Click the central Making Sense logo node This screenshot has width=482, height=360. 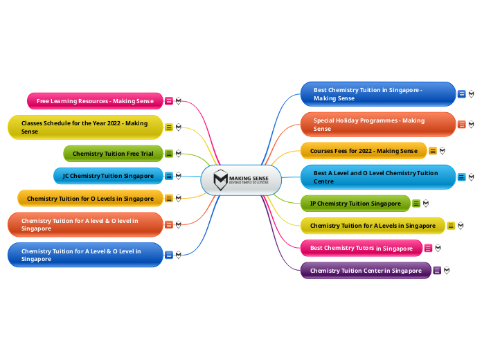click(241, 181)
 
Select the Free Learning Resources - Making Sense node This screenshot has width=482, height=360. click(95, 101)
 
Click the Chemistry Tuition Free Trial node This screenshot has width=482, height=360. click(113, 154)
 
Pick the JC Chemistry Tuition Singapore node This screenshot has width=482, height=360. click(108, 176)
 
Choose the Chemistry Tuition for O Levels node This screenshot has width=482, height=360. click(90, 199)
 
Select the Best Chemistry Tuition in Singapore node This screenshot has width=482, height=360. click(377, 94)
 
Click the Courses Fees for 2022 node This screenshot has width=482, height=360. click(364, 151)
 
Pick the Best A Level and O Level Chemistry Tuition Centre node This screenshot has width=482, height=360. click(377, 177)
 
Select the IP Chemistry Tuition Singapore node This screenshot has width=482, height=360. click(355, 204)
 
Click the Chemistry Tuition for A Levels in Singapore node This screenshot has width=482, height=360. click(373, 226)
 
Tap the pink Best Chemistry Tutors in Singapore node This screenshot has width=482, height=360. click(361, 248)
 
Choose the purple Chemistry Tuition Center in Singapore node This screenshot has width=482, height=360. click(366, 271)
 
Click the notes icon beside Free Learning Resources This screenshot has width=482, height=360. click(168, 101)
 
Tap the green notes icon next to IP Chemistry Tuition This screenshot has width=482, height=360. click(416, 204)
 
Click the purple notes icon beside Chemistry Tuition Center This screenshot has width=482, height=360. click(437, 271)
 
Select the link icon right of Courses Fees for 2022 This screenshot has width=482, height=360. click(442, 151)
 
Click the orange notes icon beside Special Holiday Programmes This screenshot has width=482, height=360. click(462, 125)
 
